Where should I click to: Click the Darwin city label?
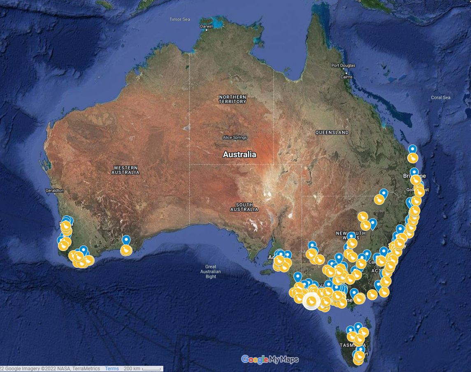pyautogui.click(x=206, y=26)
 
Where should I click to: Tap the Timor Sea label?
pyautogui.click(x=180, y=19)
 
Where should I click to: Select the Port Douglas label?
pyautogui.click(x=343, y=65)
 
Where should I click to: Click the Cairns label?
pyautogui.click(x=346, y=77)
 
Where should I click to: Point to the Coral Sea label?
pyautogui.click(x=441, y=98)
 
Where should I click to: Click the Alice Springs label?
pyautogui.click(x=234, y=137)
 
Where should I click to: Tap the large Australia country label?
pyautogui.click(x=239, y=155)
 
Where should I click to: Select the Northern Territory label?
pyautogui.click(x=232, y=99)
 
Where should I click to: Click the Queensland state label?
pyautogui.click(x=332, y=133)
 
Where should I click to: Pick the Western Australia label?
pyautogui.click(x=125, y=170)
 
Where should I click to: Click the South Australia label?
pyautogui.click(x=244, y=207)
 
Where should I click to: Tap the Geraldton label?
pyautogui.click(x=55, y=191)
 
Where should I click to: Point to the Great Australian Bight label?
pyautogui.click(x=211, y=272)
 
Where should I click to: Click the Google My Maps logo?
pyautogui.click(x=270, y=359)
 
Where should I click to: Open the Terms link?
pyautogui.click(x=112, y=369)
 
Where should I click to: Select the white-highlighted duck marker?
pyautogui.click(x=311, y=301)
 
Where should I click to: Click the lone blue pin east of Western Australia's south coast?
pyautogui.click(x=126, y=240)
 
